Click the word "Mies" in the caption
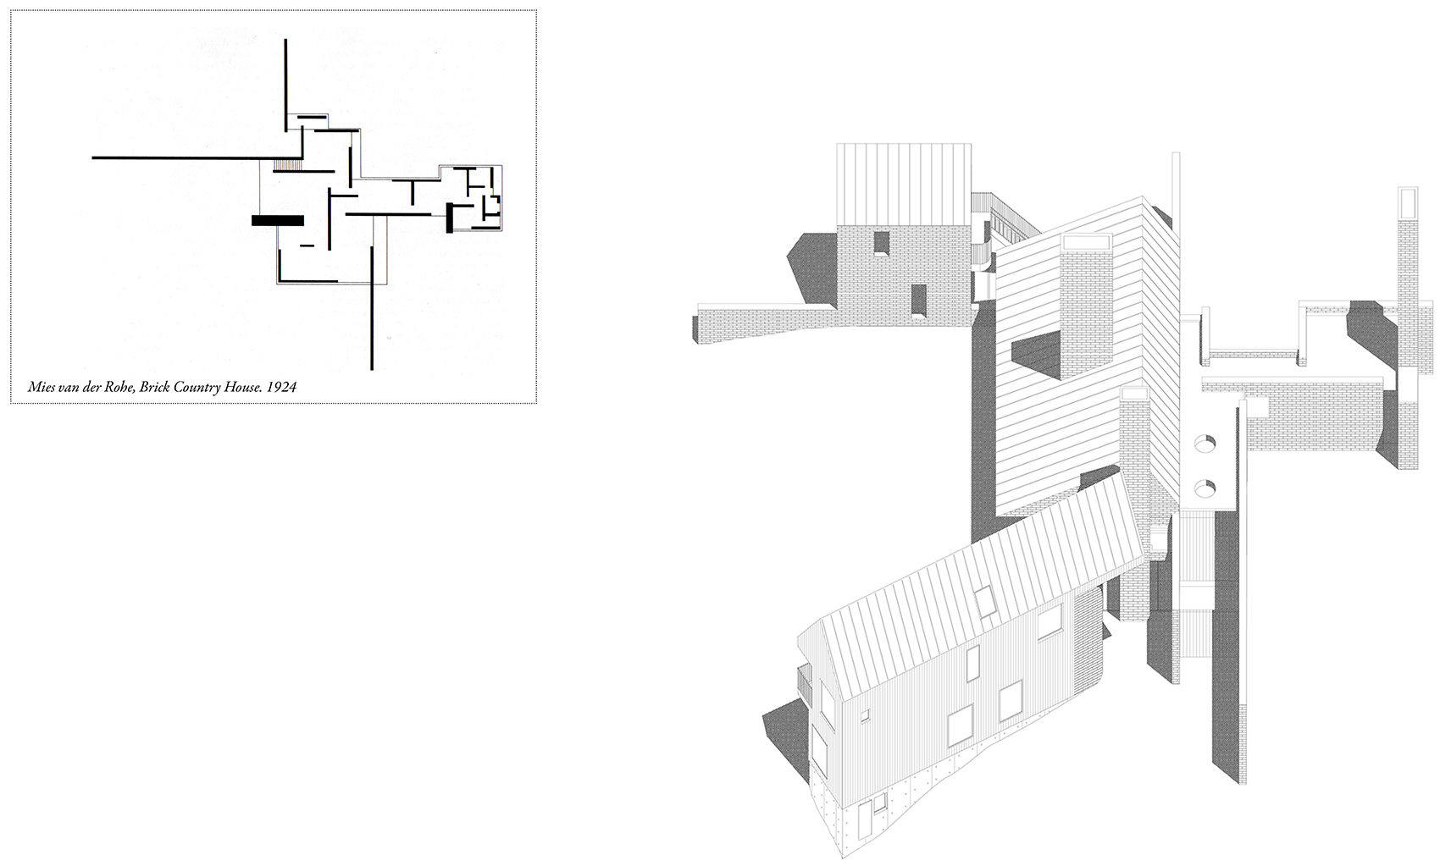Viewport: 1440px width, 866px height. tap(41, 388)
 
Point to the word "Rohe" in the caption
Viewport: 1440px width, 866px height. tap(119, 388)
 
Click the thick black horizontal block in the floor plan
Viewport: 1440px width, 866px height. tap(278, 220)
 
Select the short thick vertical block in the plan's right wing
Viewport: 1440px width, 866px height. tap(449, 218)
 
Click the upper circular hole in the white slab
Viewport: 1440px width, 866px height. tap(1205, 443)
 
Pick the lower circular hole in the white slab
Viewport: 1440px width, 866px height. tap(1205, 488)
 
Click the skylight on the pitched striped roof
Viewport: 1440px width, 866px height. tap(985, 602)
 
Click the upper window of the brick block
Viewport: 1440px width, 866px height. tap(881, 243)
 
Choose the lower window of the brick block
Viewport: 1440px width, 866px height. tap(919, 300)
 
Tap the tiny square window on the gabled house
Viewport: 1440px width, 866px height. tap(866, 715)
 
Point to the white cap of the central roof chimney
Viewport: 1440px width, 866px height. tap(1086, 242)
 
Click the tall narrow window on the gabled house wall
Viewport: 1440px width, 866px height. tap(972, 662)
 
